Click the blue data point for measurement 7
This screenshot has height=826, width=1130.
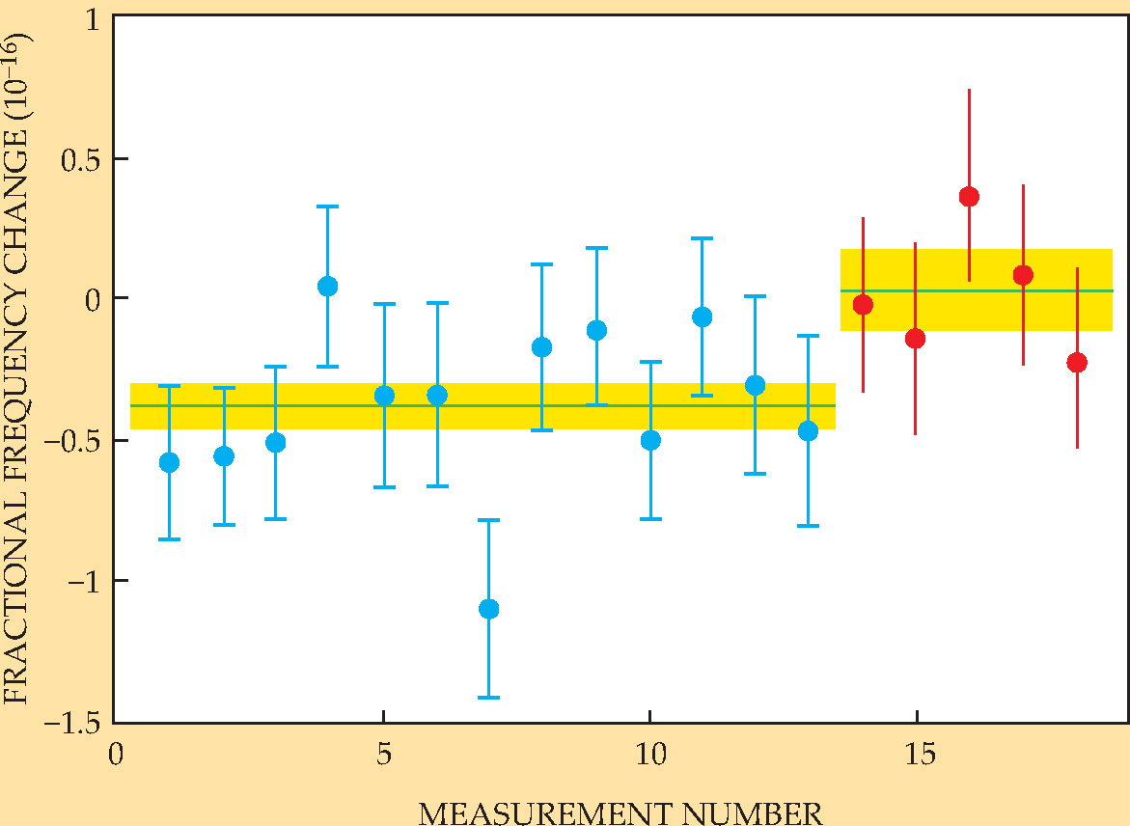[x=488, y=609]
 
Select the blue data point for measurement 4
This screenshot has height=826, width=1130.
[x=327, y=286]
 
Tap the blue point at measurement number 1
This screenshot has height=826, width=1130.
[x=169, y=462]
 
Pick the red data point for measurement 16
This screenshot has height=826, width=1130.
[x=969, y=197]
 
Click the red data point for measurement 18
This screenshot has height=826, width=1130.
[x=1077, y=363]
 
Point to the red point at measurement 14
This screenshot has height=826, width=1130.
[x=863, y=305]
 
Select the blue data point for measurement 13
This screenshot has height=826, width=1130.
[x=808, y=431]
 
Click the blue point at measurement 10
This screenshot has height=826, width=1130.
[x=650, y=440]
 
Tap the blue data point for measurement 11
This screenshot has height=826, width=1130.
[x=702, y=317]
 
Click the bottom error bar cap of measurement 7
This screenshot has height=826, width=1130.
[x=488, y=697]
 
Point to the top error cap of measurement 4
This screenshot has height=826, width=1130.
[x=327, y=206]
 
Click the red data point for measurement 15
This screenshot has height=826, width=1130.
[x=915, y=339]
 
